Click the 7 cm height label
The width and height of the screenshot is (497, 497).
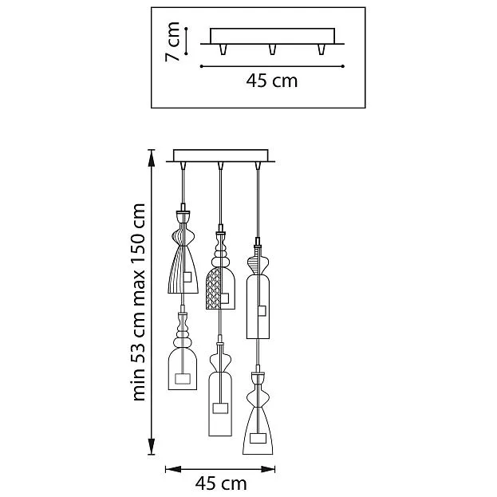click(x=173, y=41)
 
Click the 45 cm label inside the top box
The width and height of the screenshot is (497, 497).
click(x=272, y=81)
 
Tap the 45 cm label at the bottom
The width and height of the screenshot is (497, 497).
click(x=221, y=484)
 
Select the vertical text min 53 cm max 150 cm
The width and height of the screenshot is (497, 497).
click(x=139, y=302)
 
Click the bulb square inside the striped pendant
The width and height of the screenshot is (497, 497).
click(x=187, y=277)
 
